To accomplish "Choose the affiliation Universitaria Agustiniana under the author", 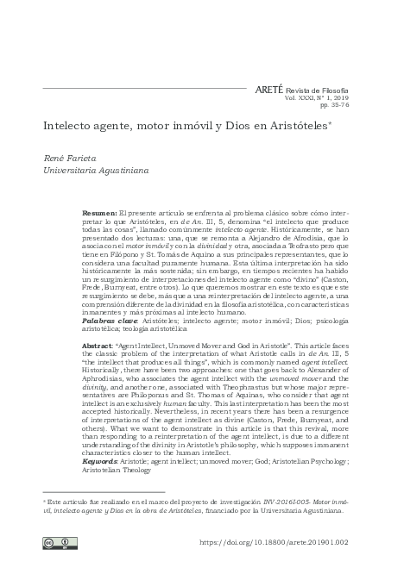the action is [95, 171].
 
